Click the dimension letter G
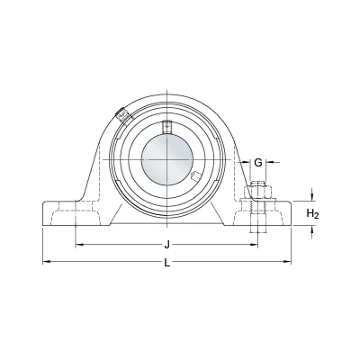(x=258, y=163)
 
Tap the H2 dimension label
(x=312, y=214)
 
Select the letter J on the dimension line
(x=167, y=245)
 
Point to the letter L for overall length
(x=167, y=263)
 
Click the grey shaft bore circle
(x=166, y=159)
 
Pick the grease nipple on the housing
(x=124, y=115)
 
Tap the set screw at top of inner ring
(x=166, y=127)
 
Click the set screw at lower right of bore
(x=195, y=176)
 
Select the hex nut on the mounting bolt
(x=258, y=192)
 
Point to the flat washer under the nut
(x=258, y=200)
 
